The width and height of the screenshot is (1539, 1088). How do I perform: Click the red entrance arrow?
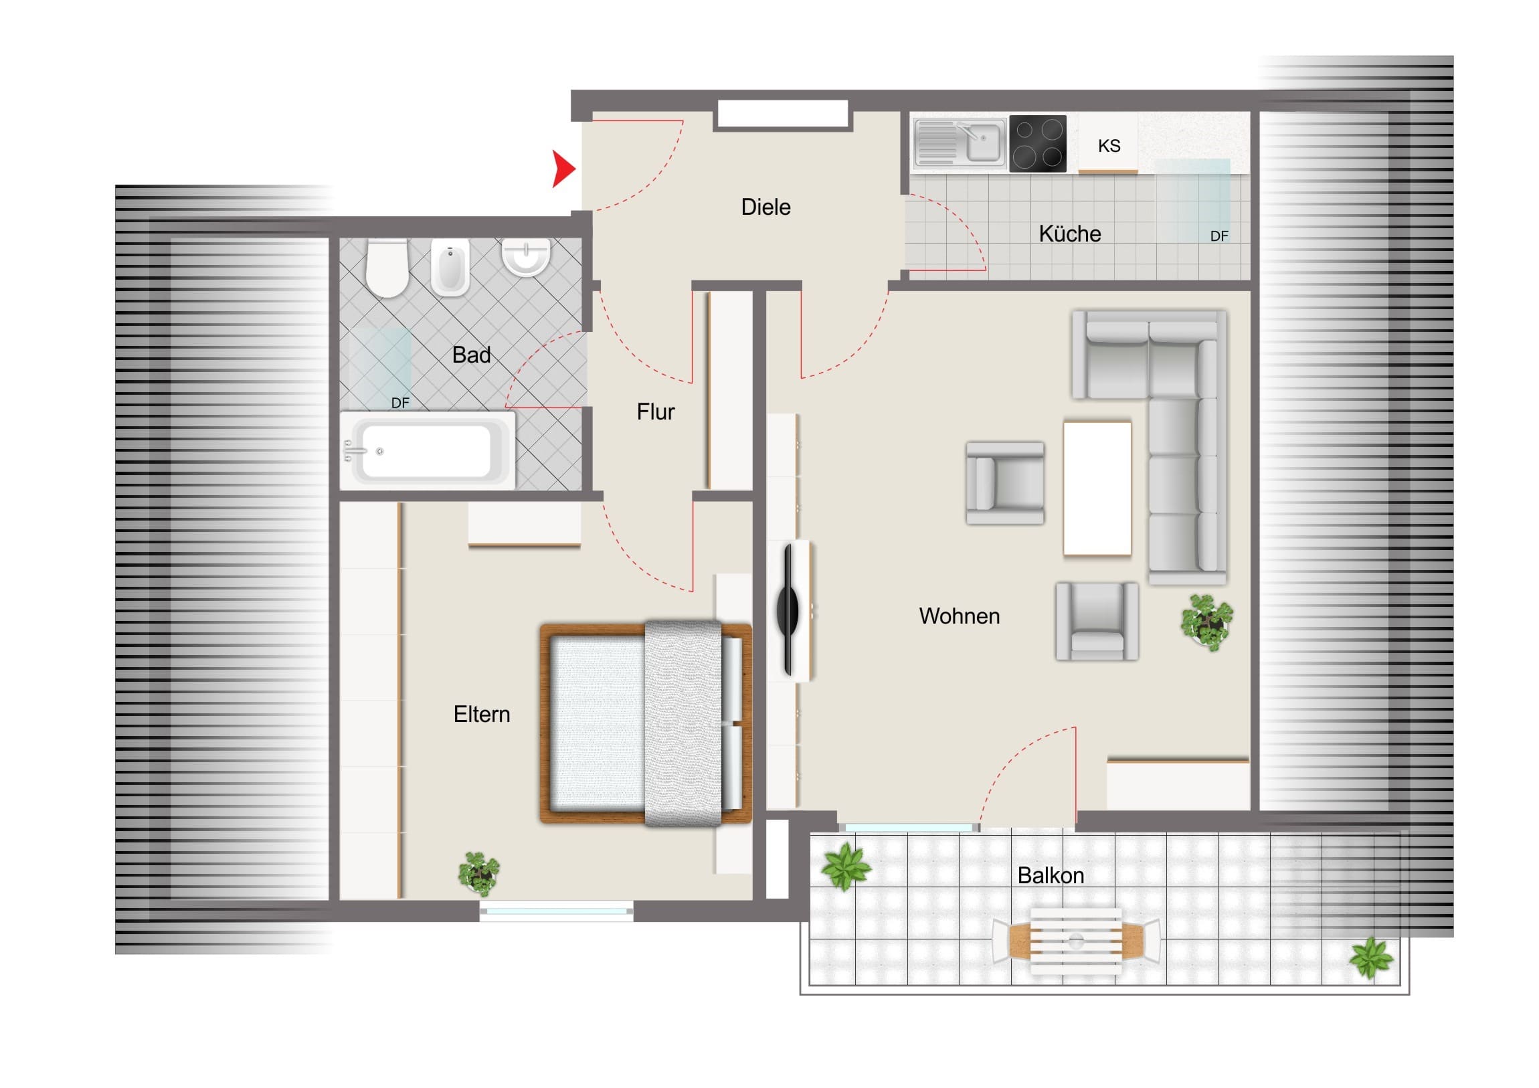[x=563, y=169]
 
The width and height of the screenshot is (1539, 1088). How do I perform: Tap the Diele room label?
[x=765, y=207]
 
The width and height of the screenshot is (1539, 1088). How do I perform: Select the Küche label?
[x=1070, y=234]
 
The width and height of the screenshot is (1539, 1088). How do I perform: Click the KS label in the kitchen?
[x=1109, y=145]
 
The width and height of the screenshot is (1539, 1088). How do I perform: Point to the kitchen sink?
[x=959, y=143]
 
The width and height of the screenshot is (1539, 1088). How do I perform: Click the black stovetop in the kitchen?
[x=1038, y=143]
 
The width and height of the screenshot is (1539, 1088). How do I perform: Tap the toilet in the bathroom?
[x=387, y=268]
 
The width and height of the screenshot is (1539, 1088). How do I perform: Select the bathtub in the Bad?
[x=428, y=451]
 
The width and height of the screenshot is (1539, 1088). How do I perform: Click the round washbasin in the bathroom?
[x=525, y=258]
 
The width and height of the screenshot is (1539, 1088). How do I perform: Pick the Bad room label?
[x=471, y=355]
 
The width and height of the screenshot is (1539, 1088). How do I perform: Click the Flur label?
[x=656, y=412]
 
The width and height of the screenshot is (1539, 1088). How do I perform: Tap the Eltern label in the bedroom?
[x=481, y=714]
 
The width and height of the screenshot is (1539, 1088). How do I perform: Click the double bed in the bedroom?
[x=646, y=723]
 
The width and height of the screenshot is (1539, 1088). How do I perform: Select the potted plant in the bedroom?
[x=478, y=873]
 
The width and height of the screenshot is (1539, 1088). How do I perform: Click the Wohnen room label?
[x=959, y=616]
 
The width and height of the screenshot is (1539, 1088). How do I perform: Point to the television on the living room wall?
[x=790, y=610]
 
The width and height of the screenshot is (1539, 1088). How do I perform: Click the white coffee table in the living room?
[x=1097, y=488]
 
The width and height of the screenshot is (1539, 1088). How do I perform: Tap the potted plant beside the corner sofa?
[x=1207, y=622]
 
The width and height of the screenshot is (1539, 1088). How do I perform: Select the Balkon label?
[x=1051, y=875]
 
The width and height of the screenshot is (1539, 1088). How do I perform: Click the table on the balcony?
[x=1076, y=941]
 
